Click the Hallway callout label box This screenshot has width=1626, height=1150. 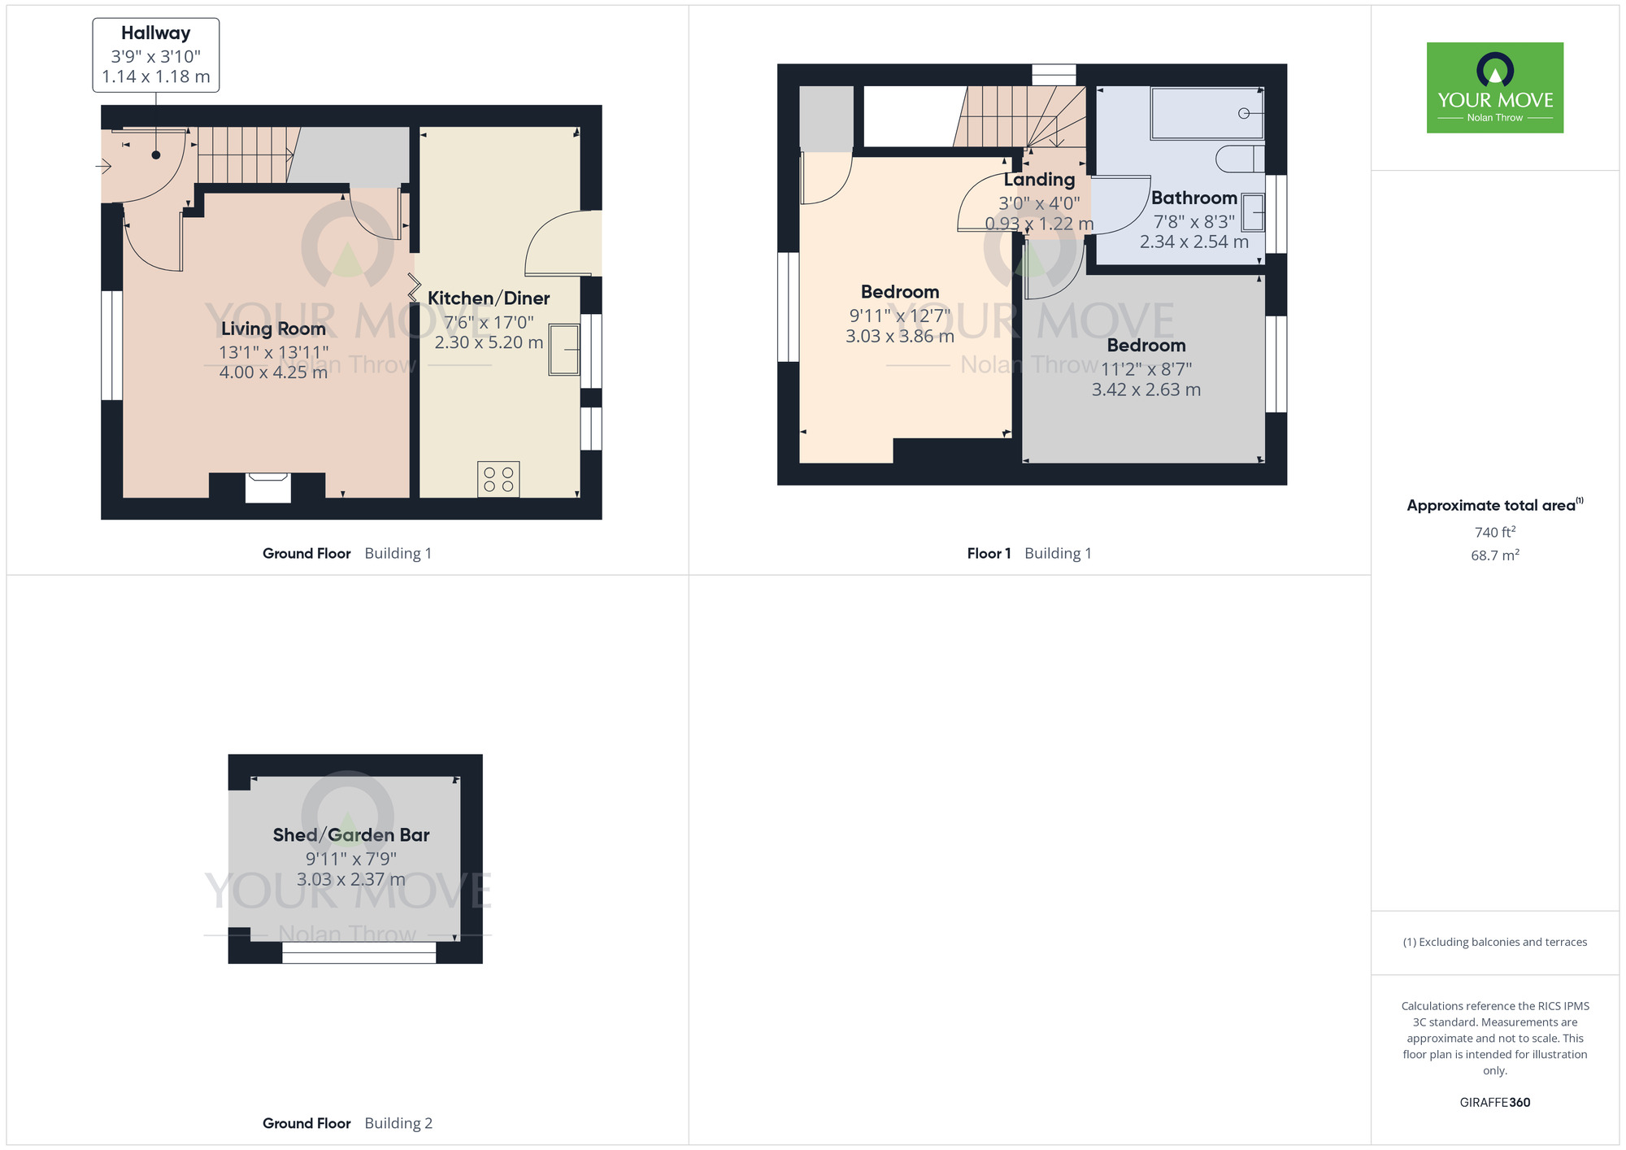point(155,54)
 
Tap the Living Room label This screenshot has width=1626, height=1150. point(273,329)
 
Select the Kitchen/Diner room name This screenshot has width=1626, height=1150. point(489,298)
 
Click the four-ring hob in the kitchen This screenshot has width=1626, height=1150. point(498,479)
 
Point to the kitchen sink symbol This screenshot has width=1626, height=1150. point(564,349)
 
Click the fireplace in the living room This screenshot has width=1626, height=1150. point(268,488)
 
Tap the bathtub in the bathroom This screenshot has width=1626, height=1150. point(1207,113)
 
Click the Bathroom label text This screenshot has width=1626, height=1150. point(1193,198)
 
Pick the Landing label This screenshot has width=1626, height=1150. point(1039,180)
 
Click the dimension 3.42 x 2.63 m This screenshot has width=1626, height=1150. point(1146,390)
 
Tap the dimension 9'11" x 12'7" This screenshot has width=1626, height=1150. point(899,316)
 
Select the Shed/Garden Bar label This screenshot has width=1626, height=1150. point(350,835)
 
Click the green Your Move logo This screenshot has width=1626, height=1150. point(1494,88)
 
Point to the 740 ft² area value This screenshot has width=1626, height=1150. point(1494,532)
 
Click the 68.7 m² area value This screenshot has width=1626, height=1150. point(1494,555)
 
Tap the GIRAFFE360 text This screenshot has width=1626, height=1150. point(1494,1102)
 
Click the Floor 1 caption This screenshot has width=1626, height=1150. point(989,553)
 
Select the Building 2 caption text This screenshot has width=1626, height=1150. point(398,1123)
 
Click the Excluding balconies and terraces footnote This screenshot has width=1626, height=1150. point(1494,942)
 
